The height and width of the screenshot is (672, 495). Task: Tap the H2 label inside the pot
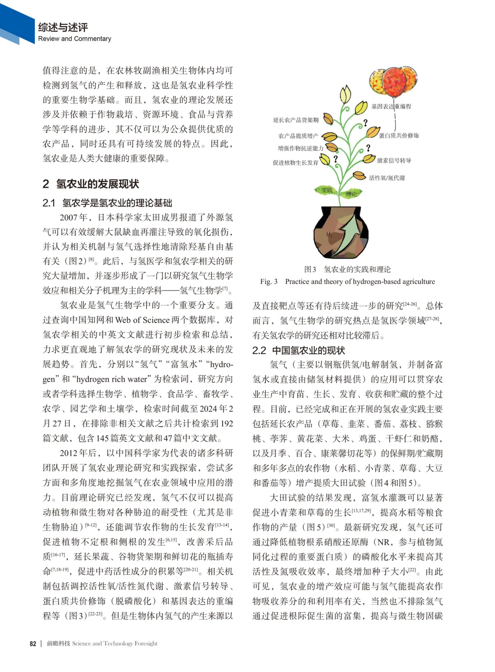(329, 234)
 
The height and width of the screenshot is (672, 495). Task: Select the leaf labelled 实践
(326, 190)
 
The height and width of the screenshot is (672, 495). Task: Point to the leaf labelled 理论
(352, 194)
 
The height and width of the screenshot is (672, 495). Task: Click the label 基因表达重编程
(391, 106)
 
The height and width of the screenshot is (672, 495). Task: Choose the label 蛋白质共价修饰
(399, 136)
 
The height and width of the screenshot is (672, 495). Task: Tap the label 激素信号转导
(394, 160)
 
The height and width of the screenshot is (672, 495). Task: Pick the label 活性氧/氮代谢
(387, 178)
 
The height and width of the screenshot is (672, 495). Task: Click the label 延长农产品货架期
(296, 120)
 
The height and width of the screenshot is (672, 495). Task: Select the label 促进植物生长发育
(295, 163)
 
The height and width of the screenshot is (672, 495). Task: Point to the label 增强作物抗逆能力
(300, 149)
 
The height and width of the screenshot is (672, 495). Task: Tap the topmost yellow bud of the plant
(345, 94)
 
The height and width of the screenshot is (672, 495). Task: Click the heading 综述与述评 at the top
(63, 28)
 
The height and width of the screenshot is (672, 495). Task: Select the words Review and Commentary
(74, 39)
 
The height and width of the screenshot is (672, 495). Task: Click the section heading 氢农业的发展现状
(97, 184)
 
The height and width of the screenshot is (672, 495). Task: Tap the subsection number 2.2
(259, 351)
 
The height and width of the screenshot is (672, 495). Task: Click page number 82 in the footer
(33, 644)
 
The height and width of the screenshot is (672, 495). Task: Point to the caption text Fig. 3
(269, 281)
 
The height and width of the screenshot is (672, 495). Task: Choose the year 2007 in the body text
(69, 217)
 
